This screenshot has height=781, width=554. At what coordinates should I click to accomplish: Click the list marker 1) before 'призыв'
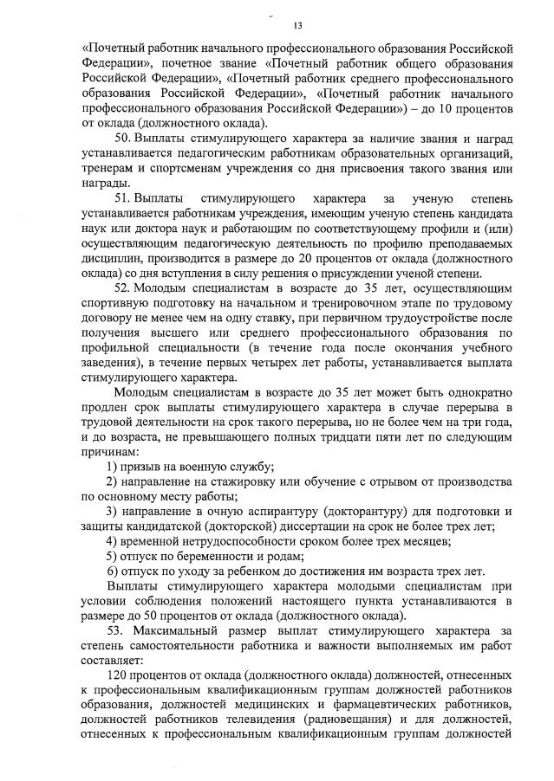click(x=112, y=467)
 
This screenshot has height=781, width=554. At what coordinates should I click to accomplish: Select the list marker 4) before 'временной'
click(x=112, y=540)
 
